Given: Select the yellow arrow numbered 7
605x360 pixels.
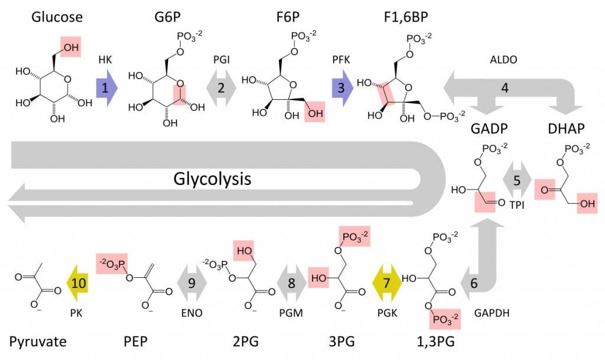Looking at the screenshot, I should (x=387, y=283).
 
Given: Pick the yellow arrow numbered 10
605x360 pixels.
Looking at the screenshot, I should (x=80, y=283).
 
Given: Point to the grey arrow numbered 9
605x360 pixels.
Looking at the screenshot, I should (x=191, y=283).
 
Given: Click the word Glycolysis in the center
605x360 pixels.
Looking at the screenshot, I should (x=212, y=179).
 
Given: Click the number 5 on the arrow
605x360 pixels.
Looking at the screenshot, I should (x=517, y=180).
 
